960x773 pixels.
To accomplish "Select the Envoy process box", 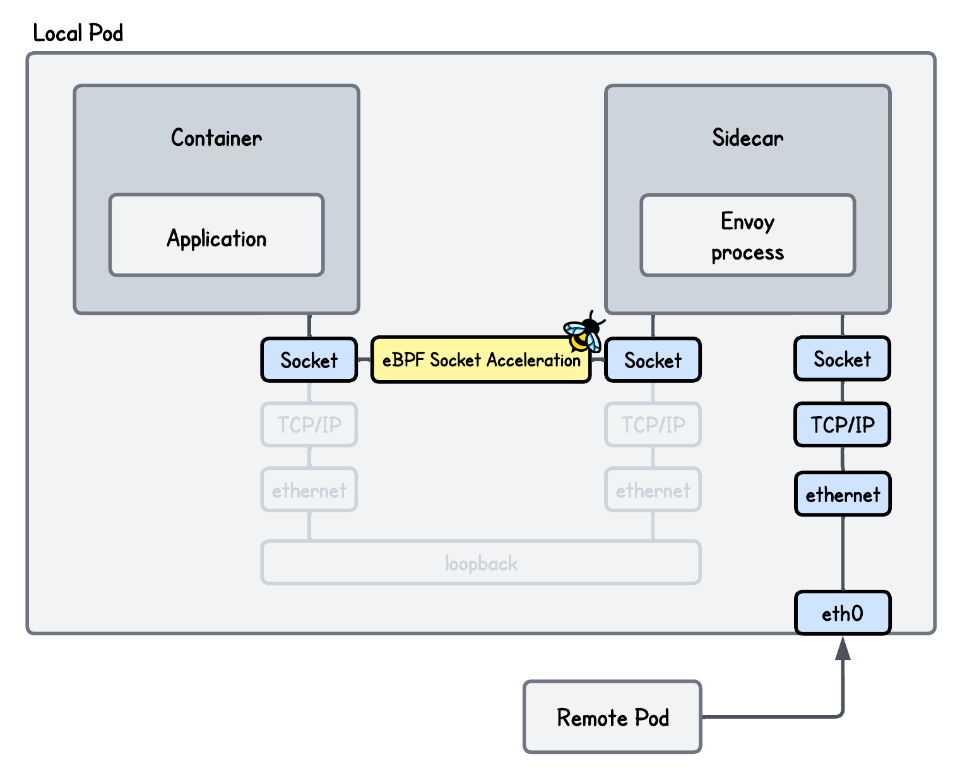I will pyautogui.click(x=747, y=236).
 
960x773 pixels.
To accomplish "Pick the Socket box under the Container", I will pyautogui.click(x=309, y=360).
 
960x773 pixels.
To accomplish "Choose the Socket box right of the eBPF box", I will pyautogui.click(x=653, y=360).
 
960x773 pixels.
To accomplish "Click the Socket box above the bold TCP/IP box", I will pyautogui.click(x=842, y=359).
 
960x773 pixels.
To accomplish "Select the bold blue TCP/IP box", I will pyautogui.click(x=842, y=424).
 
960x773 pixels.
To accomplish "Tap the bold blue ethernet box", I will pyautogui.click(x=842, y=494).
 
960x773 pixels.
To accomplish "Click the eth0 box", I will pyautogui.click(x=842, y=613).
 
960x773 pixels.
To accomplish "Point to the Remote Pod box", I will pyautogui.click(x=612, y=717).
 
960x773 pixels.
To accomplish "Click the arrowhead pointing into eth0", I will pyautogui.click(x=843, y=649).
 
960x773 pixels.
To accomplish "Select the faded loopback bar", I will pyautogui.click(x=481, y=562).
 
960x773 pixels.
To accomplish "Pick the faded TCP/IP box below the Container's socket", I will pyautogui.click(x=309, y=424).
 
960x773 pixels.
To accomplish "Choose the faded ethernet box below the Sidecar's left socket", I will pyautogui.click(x=653, y=489).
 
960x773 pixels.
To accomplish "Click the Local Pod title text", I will pyautogui.click(x=78, y=33).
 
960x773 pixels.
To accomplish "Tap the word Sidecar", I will pyautogui.click(x=747, y=137).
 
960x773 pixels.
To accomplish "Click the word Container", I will pyautogui.click(x=216, y=137).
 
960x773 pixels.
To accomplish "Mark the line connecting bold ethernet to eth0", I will pyautogui.click(x=843, y=553).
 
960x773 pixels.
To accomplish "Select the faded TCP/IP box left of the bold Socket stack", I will pyautogui.click(x=653, y=424).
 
